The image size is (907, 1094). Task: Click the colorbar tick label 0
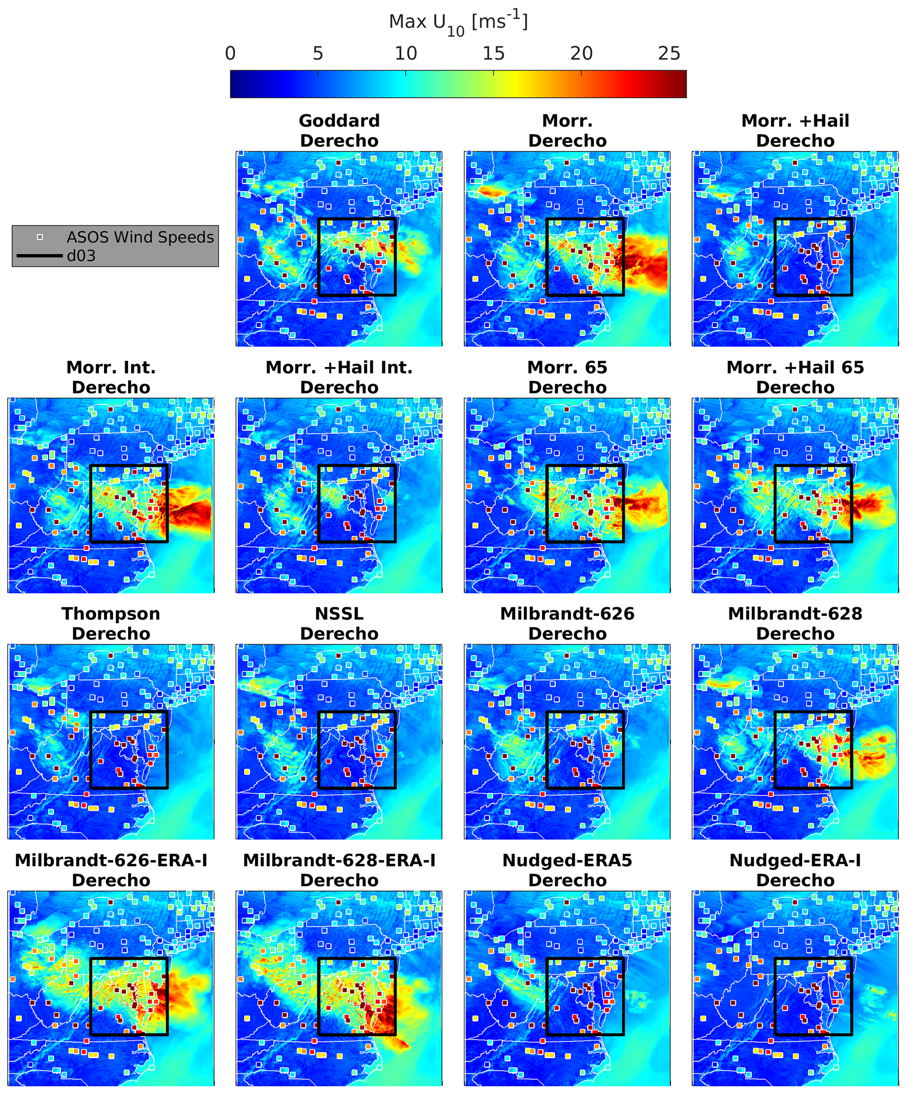(230, 53)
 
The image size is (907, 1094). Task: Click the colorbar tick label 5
(318, 53)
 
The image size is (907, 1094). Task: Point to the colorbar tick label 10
(405, 53)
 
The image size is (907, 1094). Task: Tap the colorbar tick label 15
(493, 53)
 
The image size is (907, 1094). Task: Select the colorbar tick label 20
(581, 53)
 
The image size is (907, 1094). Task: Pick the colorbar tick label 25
(669, 53)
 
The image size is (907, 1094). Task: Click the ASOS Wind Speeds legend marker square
(40, 237)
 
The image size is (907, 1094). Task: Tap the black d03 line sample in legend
(39, 256)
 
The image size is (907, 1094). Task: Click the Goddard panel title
(339, 121)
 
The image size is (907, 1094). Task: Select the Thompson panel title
(111, 614)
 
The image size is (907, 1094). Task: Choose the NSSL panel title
(339, 614)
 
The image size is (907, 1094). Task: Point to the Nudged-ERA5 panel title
(567, 860)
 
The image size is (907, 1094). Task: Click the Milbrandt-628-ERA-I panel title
(339, 860)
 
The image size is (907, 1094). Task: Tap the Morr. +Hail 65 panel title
(795, 367)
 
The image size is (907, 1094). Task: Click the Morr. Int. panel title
(111, 367)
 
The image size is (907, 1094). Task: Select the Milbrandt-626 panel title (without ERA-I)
(567, 614)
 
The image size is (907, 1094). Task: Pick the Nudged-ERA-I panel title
(795, 860)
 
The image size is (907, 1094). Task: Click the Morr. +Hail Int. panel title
(339, 367)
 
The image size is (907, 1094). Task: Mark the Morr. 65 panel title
(567, 367)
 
